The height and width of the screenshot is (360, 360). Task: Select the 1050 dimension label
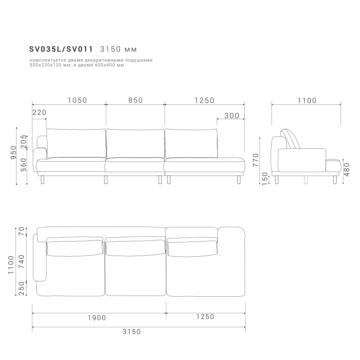(x=77, y=100)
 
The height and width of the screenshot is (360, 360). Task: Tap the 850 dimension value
(x=136, y=100)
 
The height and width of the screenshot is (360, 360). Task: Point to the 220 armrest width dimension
(x=39, y=112)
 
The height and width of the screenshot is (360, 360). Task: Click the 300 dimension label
(x=231, y=116)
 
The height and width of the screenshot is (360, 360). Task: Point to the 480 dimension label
(x=347, y=169)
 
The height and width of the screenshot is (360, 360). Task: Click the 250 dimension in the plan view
(x=21, y=288)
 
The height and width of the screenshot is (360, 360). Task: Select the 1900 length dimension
(x=97, y=318)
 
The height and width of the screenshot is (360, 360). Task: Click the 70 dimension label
(x=21, y=231)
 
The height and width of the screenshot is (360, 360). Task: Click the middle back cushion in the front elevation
(x=135, y=143)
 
